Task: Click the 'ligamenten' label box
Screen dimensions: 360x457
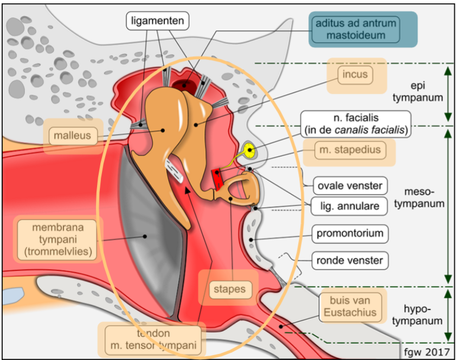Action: click(x=158, y=21)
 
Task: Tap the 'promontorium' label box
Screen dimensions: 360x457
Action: click(x=350, y=234)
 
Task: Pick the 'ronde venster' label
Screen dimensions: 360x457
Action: click(x=350, y=260)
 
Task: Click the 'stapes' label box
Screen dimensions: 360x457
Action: click(x=229, y=289)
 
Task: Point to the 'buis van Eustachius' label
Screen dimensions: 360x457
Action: click(x=353, y=306)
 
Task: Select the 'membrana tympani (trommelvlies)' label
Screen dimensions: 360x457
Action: click(x=57, y=239)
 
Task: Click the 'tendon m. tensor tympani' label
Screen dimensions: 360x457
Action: click(x=152, y=339)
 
